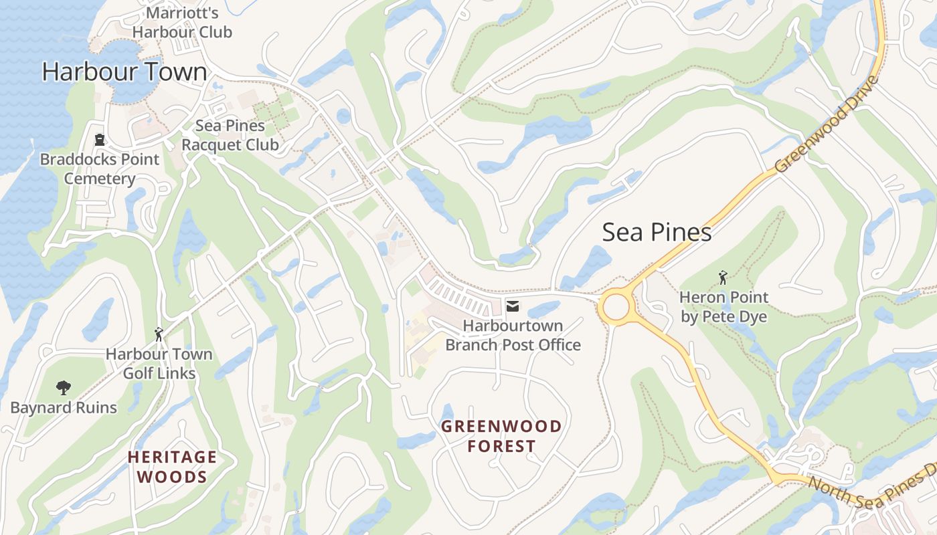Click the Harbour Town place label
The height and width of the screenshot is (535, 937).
pos(124,72)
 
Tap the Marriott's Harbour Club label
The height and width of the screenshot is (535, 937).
pos(182,23)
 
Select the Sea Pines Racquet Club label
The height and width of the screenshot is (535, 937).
pos(230,135)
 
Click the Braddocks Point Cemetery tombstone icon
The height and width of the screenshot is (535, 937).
pos(100,140)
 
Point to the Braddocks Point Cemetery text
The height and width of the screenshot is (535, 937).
pos(100,169)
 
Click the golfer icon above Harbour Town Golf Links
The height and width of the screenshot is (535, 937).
pos(159,334)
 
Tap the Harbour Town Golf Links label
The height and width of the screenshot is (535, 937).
pos(159,364)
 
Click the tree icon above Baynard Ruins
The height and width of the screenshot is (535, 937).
pos(64,387)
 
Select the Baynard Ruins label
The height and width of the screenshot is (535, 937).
pos(64,408)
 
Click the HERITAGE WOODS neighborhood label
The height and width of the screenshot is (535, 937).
pos(172,467)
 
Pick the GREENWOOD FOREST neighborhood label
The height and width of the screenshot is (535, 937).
pos(501,436)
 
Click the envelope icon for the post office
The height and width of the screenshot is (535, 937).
pos(513,306)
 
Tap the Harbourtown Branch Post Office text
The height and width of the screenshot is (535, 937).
pos(513,336)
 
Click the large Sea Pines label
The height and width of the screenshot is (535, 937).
pos(657,232)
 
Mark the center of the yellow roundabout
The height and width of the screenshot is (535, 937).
pos(616,308)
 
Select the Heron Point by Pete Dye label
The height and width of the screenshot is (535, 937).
pos(723,307)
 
